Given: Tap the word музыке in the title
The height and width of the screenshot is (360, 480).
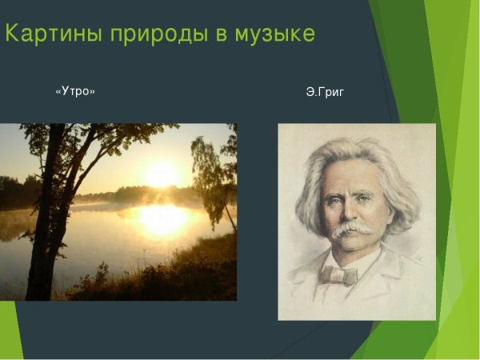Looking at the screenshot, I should click(272, 34).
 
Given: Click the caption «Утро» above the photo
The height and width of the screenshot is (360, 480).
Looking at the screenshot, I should click(75, 92).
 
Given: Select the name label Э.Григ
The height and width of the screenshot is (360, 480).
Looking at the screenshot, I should click(325, 93).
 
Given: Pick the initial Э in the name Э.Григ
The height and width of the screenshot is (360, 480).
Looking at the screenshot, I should click(310, 93).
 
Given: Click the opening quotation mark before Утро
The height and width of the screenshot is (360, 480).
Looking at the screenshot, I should click(58, 92).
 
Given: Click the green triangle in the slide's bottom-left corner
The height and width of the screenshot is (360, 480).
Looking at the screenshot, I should click(8, 336).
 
